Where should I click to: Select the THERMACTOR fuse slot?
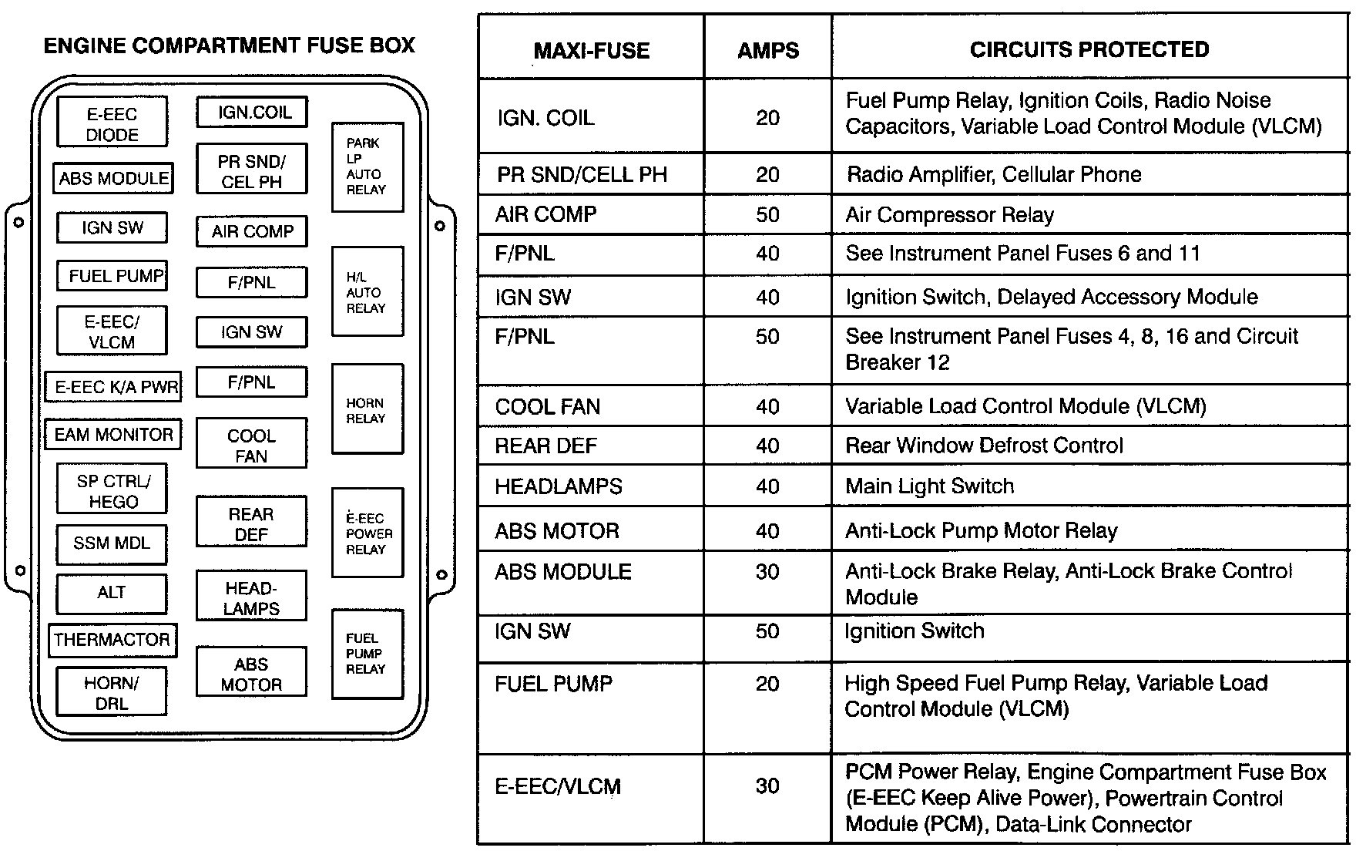click(112, 640)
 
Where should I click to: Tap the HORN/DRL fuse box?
click(112, 692)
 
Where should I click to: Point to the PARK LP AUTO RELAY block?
click(367, 166)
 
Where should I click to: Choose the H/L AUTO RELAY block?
click(367, 291)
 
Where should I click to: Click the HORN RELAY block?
click(367, 409)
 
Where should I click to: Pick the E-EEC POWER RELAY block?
click(368, 533)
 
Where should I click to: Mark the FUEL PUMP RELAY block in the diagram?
click(367, 654)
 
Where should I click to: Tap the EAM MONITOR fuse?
click(113, 435)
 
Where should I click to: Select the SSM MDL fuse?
click(112, 543)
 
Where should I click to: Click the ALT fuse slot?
click(112, 592)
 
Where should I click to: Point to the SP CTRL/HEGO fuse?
click(112, 490)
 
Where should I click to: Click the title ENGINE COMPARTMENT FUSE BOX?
click(229, 45)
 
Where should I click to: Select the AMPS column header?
click(767, 51)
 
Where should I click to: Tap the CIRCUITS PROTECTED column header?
click(1089, 50)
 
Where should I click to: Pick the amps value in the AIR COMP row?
click(767, 215)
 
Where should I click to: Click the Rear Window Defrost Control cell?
click(984, 446)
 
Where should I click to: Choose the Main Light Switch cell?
click(929, 486)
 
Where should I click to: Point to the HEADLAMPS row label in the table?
click(558, 486)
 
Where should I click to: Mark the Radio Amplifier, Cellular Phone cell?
click(993, 174)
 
